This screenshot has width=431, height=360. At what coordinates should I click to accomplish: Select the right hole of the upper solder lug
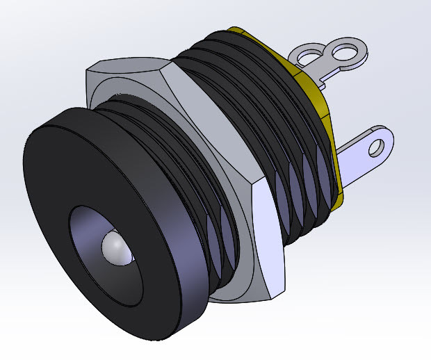343,51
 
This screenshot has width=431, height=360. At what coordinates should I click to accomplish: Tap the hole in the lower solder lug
377,147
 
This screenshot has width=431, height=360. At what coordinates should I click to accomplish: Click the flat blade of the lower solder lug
358,163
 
